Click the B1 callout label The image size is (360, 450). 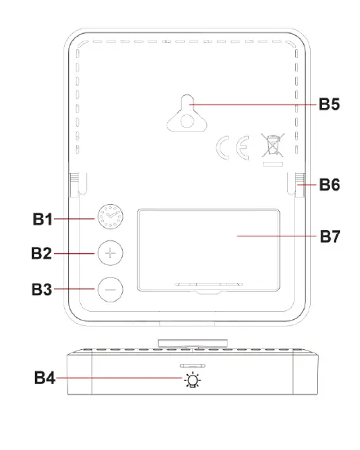point(43,219)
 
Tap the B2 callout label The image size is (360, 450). point(41,253)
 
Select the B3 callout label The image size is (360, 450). point(42,289)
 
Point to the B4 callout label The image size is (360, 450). point(44,378)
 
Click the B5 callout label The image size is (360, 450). point(329,104)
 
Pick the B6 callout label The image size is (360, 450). point(330,185)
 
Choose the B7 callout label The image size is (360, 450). point(330,237)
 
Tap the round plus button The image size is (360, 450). point(110,253)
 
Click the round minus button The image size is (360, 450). point(110,289)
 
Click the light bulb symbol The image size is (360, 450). point(193,379)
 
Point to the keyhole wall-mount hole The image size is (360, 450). point(187,113)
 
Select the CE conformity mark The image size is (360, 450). point(232,148)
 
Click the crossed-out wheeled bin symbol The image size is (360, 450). point(273,145)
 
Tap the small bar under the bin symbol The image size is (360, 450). point(273,164)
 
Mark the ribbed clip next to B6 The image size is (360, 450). point(300,185)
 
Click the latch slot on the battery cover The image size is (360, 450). point(209,285)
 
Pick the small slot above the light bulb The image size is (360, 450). point(193,366)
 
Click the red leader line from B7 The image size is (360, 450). point(277,237)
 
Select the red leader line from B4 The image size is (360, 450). point(119,378)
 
